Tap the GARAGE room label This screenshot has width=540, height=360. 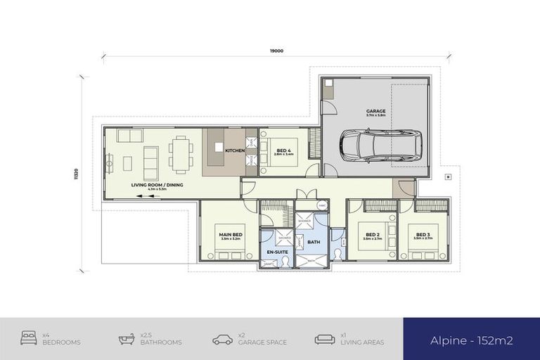tap(375, 111)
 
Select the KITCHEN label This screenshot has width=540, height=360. tap(234, 150)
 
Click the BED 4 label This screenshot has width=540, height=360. tap(284, 150)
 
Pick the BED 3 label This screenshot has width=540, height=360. tap(423, 234)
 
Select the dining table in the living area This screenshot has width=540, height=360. tap(181, 154)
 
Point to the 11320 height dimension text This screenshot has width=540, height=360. tap(76, 173)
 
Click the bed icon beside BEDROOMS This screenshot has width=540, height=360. tap(30, 339)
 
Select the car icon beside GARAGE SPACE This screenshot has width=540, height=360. tap(222, 339)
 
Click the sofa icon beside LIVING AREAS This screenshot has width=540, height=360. tap(324, 339)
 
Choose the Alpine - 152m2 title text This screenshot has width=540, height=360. tap(471, 340)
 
